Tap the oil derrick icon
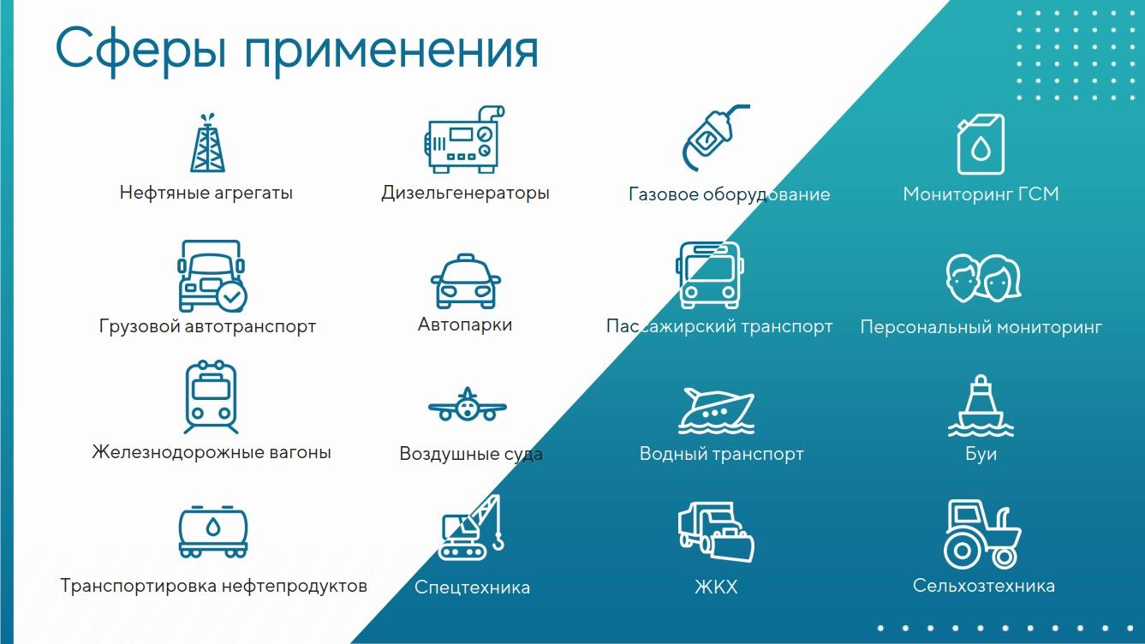(207, 143)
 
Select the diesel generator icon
(464, 139)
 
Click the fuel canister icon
(981, 144)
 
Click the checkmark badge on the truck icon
(231, 296)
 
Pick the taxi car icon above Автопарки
(465, 281)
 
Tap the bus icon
(709, 274)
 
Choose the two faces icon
(983, 277)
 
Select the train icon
(212, 397)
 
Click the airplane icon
(468, 405)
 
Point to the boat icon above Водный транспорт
(716, 411)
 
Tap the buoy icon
(981, 406)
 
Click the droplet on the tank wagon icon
(213, 527)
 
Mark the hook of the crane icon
(498, 543)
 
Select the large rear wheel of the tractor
(962, 551)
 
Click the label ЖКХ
(716, 587)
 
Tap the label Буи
(981, 454)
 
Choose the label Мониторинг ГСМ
(981, 194)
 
